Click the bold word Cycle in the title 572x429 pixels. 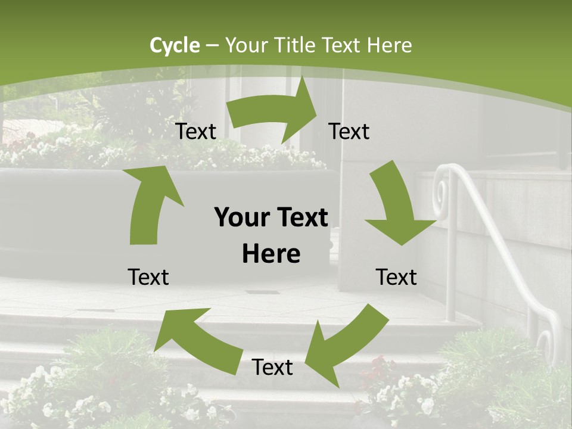[x=175, y=45]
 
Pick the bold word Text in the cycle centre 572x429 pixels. [x=300, y=218]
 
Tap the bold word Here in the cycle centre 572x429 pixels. [x=271, y=254]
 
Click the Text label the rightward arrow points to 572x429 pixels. [x=349, y=132]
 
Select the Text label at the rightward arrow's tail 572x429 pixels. [x=195, y=132]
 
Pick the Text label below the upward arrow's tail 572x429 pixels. [x=148, y=277]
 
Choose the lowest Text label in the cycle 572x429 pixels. [x=272, y=367]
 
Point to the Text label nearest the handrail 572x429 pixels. [x=396, y=277]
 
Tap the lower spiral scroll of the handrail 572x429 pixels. [x=545, y=346]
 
